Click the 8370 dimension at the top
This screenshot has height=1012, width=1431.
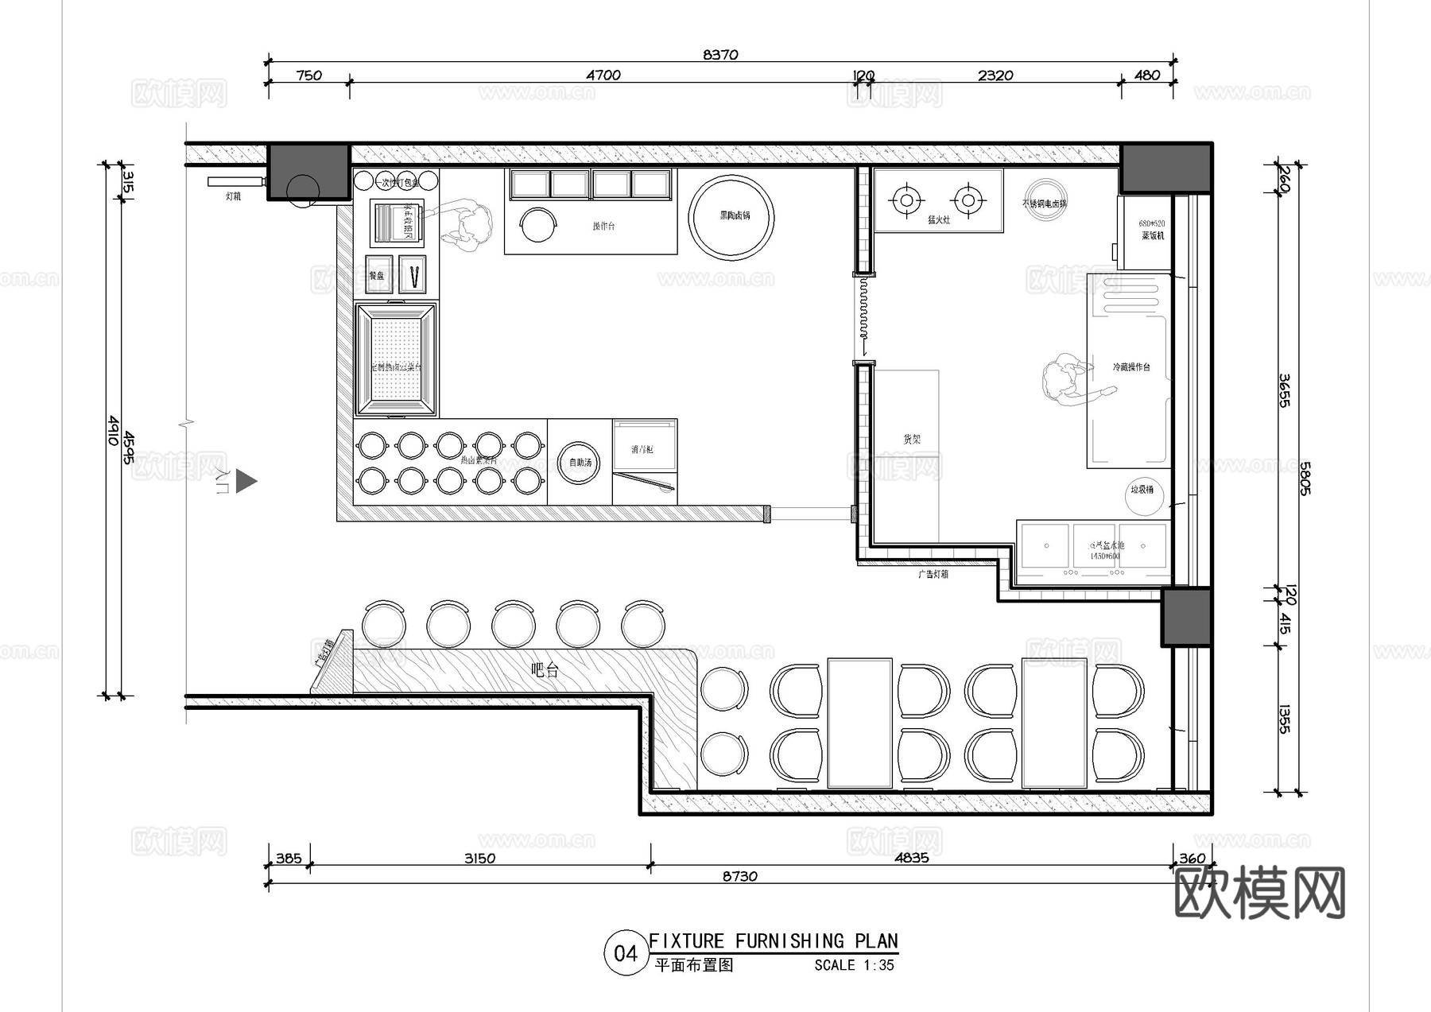720,55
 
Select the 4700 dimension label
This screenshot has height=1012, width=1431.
603,76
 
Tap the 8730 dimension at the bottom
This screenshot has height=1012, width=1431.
739,876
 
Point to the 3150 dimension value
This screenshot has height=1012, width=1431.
479,859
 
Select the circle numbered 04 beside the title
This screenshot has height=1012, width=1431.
626,953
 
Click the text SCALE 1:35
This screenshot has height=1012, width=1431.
854,965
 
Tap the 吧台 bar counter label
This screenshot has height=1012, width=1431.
545,670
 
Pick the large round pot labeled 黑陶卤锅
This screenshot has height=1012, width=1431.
731,217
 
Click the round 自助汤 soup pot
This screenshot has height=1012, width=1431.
580,463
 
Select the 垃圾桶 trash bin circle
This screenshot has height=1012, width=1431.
1142,492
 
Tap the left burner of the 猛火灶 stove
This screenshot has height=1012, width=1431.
906,199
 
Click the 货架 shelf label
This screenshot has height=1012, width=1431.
911,439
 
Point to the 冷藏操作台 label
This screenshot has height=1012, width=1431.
1130,367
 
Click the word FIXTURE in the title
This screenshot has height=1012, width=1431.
687,941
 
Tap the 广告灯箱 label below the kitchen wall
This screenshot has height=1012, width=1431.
933,574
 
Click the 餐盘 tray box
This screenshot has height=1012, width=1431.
378,275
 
